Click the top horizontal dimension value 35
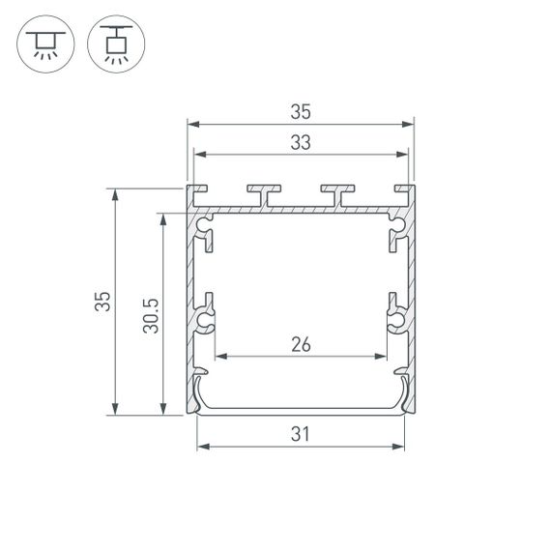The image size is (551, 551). point(300,111)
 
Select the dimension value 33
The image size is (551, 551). point(300,142)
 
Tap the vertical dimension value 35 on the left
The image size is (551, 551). point(102,302)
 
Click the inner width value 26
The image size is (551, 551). point(300,344)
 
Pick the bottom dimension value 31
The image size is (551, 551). point(300,434)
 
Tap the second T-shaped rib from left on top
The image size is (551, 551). point(262,194)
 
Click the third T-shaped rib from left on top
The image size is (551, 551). point(337,194)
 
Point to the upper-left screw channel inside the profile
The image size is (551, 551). point(205,232)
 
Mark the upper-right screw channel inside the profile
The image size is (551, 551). point(395,232)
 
